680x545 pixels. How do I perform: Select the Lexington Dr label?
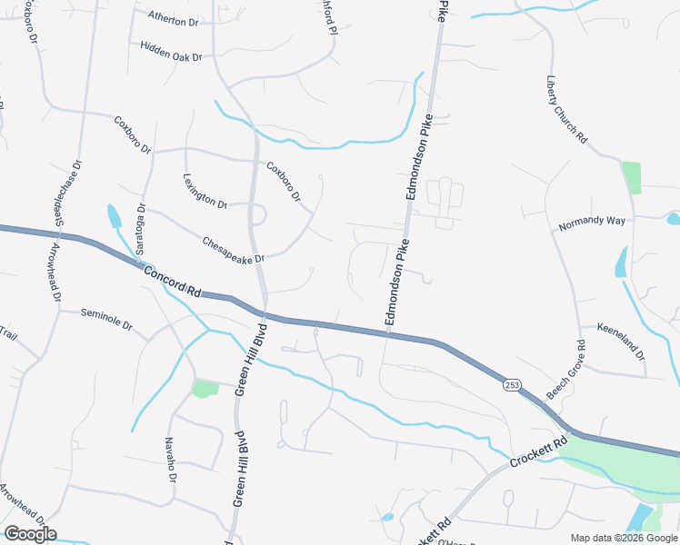click(x=205, y=192)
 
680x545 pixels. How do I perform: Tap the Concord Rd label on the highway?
click(x=170, y=281)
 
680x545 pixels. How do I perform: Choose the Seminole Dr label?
click(x=106, y=319)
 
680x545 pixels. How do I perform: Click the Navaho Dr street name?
click(x=170, y=459)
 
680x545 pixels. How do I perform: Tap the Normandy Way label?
click(x=592, y=222)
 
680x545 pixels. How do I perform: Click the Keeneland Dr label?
click(x=621, y=341)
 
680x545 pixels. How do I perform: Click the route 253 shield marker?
click(x=512, y=386)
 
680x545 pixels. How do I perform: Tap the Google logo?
click(x=30, y=534)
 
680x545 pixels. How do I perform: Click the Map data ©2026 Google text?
click(x=623, y=538)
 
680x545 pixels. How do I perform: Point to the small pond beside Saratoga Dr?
click(x=114, y=216)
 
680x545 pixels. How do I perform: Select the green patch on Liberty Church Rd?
click(x=631, y=177)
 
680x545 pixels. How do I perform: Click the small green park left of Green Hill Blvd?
click(x=205, y=389)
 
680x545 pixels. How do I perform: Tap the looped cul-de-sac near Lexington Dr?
click(x=257, y=215)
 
